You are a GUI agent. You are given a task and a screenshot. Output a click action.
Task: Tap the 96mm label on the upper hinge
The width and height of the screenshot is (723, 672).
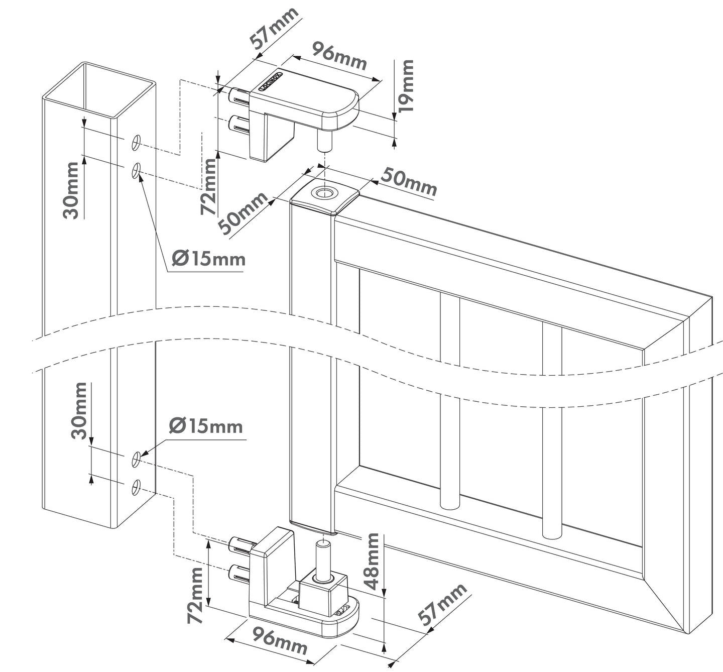pos(339,56)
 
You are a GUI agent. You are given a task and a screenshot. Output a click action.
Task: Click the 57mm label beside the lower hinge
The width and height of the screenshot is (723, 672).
pos(443,605)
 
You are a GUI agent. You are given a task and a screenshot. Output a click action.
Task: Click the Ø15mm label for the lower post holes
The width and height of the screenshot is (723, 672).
pos(206,426)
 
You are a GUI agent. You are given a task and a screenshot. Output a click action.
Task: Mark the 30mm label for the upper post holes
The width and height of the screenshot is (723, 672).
pos(72,189)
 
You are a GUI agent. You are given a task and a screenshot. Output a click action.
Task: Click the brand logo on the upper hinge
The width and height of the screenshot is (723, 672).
pos(272,81)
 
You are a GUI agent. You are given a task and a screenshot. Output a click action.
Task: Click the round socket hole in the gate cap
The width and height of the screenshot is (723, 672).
pos(324,193)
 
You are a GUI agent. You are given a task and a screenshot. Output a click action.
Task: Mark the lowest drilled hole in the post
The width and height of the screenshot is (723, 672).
pos(136,487)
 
